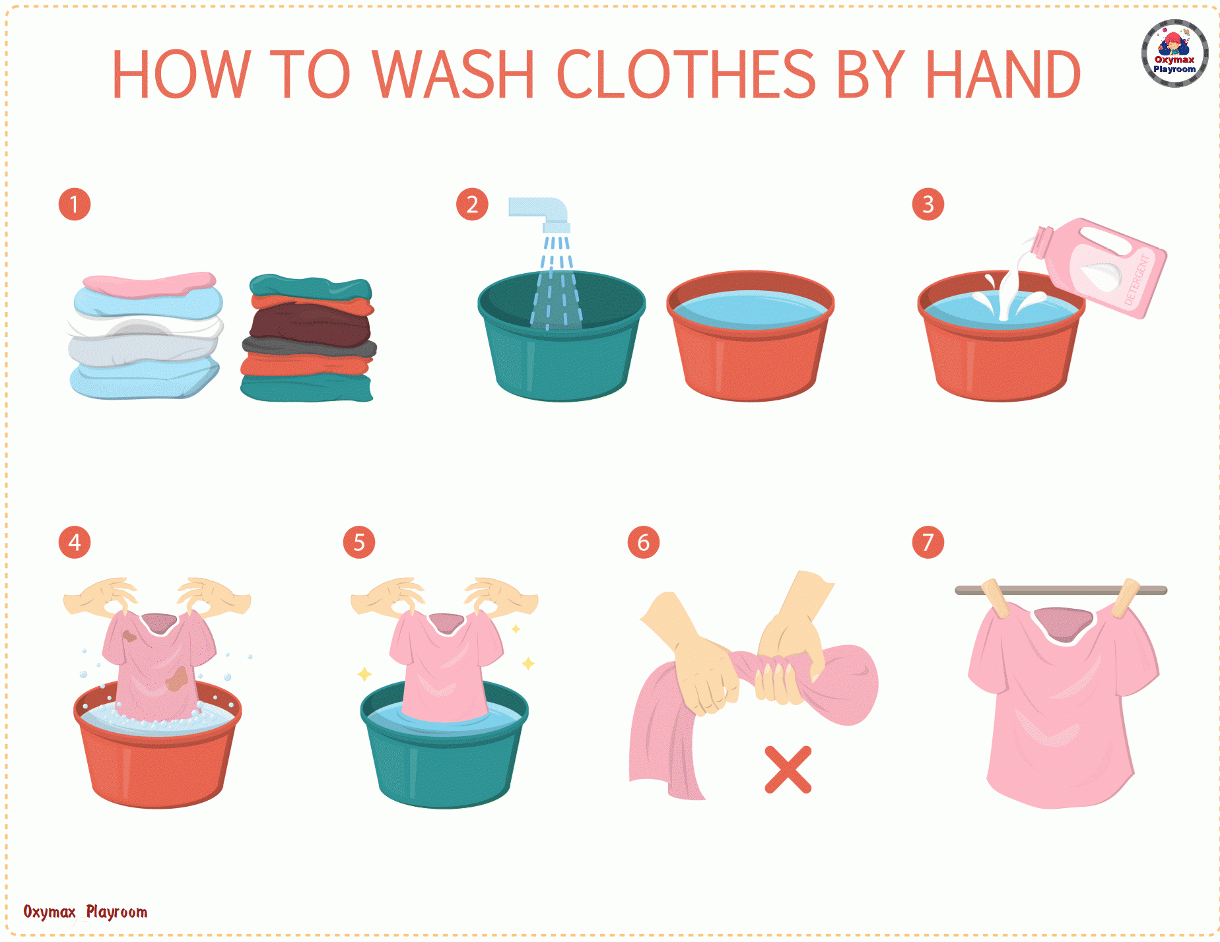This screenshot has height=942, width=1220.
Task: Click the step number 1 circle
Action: coord(75,204)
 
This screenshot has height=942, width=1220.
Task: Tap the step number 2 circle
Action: coord(472,204)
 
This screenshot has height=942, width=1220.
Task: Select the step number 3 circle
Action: coord(928,204)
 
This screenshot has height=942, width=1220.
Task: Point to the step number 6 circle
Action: coord(643,542)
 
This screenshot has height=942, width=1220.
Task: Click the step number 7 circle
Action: coord(928,542)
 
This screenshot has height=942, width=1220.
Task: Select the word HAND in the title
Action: coord(1002,75)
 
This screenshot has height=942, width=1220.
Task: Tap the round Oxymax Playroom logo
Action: coord(1174,53)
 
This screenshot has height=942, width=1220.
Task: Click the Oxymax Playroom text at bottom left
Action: coord(85,912)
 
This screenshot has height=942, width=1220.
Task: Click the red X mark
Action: coord(788,769)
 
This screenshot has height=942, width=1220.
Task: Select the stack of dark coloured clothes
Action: coord(308,338)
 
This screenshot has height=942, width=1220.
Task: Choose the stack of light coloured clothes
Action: coord(145,336)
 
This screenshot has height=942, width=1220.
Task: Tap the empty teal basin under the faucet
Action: coord(561,343)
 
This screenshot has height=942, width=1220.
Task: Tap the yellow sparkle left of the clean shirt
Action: coord(364,674)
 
